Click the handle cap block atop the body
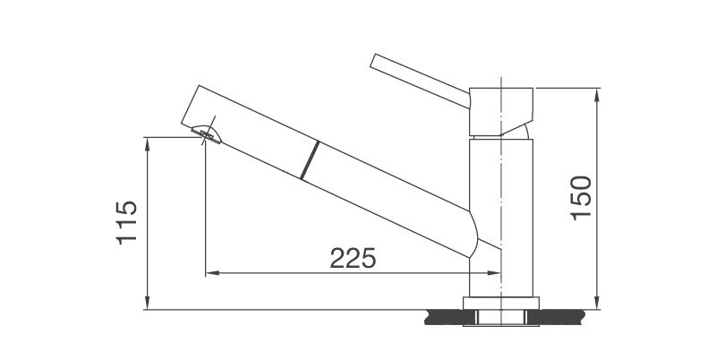tap(501, 108)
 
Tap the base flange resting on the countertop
tap(500, 303)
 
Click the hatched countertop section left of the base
tap(445, 314)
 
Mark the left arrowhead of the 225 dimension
tap(212, 273)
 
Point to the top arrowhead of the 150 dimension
tap(597, 92)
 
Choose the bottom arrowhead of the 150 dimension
tap(597, 304)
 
